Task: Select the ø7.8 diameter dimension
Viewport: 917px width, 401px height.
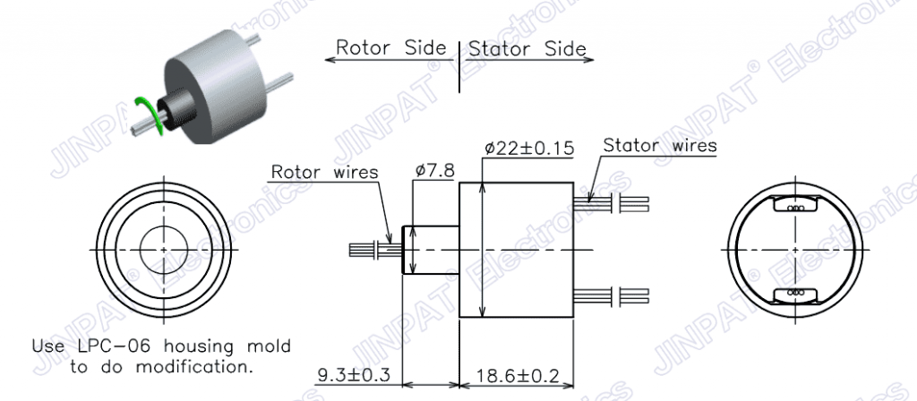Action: pos(435,171)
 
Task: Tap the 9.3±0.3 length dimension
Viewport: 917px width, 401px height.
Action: pos(354,375)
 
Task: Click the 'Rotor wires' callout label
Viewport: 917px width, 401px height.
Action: pos(324,173)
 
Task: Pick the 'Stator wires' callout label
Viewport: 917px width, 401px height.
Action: pos(660,145)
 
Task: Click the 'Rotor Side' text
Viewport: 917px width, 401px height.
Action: pos(390,47)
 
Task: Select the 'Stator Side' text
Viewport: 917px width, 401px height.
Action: pos(527,48)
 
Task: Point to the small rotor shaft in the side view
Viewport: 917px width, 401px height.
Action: pos(430,250)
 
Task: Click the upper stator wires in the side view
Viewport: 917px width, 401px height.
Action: pos(611,204)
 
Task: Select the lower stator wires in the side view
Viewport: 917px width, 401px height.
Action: pos(611,295)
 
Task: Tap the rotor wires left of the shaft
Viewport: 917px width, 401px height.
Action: pos(375,250)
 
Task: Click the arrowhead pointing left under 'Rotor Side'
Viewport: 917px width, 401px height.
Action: pos(330,60)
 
